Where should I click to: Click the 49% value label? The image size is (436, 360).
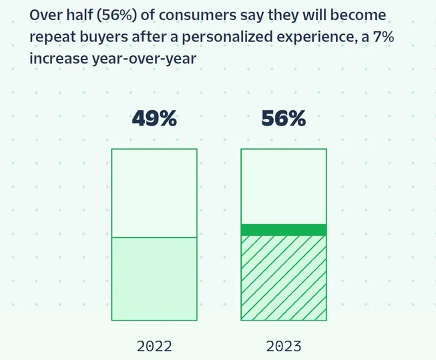[154, 119]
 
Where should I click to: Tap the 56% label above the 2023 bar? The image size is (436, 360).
[283, 119]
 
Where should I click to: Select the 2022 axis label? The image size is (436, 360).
[154, 346]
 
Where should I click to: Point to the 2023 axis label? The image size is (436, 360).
[283, 346]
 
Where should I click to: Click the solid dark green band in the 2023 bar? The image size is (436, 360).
[283, 230]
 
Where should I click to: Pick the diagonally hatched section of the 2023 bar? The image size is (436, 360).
[283, 277]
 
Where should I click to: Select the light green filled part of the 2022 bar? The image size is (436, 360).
[154, 279]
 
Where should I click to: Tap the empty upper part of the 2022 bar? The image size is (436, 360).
[154, 192]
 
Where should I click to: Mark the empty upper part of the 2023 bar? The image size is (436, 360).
[283, 186]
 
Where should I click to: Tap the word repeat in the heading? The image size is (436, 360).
[50, 36]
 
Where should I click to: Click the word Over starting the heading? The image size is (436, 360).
[44, 15]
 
